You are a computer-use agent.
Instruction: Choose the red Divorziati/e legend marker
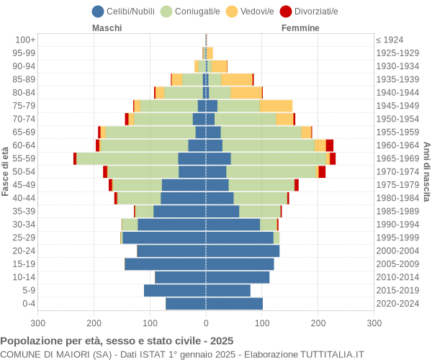306,11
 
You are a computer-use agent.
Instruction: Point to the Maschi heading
107,28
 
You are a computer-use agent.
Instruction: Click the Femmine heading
300,28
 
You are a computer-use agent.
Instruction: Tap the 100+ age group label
25,40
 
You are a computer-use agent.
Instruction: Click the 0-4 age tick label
28,304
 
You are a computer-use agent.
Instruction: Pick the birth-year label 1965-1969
398,158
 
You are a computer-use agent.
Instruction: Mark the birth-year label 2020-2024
398,304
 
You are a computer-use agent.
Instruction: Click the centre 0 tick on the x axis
206,324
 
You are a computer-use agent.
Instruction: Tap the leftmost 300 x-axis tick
38,324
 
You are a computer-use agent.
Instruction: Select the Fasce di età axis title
6,171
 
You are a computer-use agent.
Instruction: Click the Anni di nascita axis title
426,171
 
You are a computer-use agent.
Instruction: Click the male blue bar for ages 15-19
165,264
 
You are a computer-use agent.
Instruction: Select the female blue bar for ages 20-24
243,251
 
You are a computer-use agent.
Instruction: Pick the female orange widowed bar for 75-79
276,106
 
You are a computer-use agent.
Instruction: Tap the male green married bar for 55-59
127,158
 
